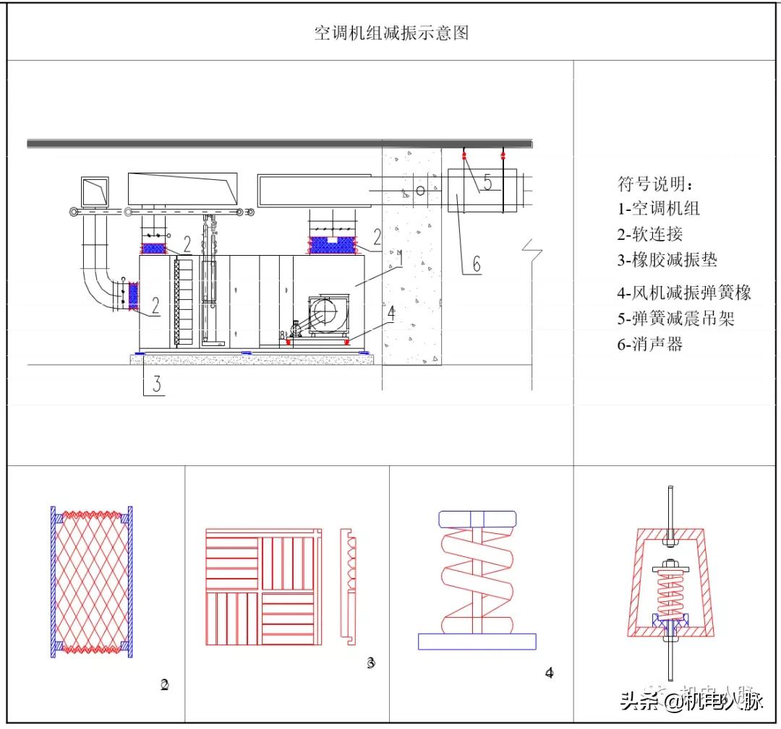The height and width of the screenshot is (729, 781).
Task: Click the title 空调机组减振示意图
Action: [391, 33]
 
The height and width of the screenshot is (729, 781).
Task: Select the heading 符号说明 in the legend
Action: [654, 184]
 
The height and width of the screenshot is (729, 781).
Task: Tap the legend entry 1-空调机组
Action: [658, 209]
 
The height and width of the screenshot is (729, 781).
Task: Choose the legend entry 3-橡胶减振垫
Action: [667, 260]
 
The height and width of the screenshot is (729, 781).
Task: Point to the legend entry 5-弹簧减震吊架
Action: [675, 318]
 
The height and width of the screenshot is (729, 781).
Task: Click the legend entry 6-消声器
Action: [649, 344]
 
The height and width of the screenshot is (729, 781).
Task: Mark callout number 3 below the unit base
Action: [155, 384]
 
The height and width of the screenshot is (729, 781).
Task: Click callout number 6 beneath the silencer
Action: [476, 264]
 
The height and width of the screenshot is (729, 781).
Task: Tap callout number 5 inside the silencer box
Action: [487, 184]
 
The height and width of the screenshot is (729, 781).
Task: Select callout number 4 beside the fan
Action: [391, 313]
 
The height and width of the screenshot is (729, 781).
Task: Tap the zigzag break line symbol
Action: [537, 250]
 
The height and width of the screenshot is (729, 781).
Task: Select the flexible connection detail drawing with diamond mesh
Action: [91, 581]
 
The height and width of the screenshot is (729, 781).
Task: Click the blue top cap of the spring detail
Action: [477, 519]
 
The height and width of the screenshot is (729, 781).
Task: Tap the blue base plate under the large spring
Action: [477, 641]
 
